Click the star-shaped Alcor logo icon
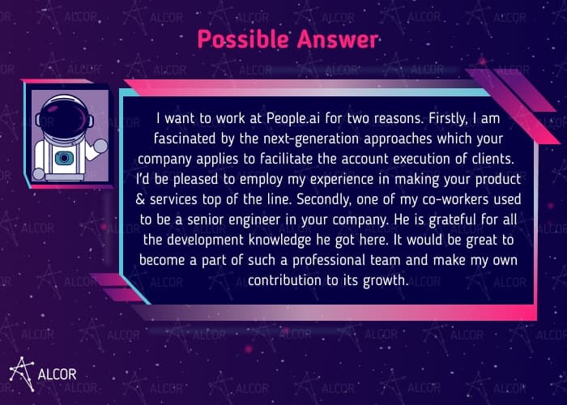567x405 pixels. point(22,371)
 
